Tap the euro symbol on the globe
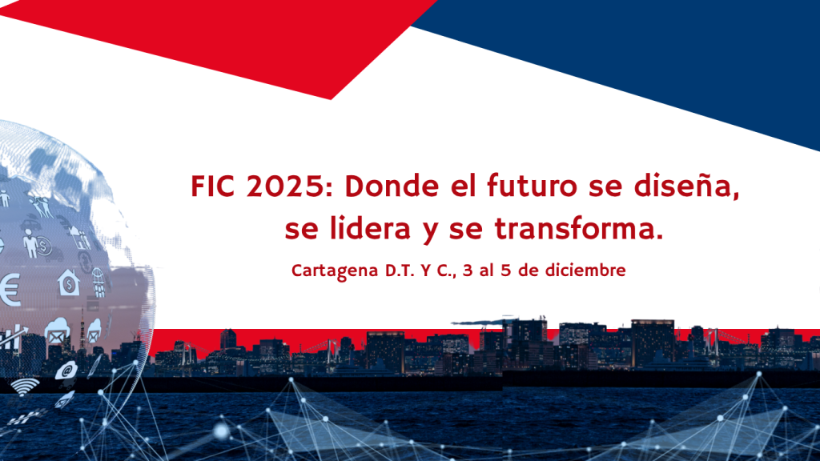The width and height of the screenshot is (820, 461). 10,290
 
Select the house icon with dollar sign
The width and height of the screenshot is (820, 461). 69,282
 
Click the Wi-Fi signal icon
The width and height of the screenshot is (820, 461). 24,385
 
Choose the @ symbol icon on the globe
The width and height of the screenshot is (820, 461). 65,371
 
